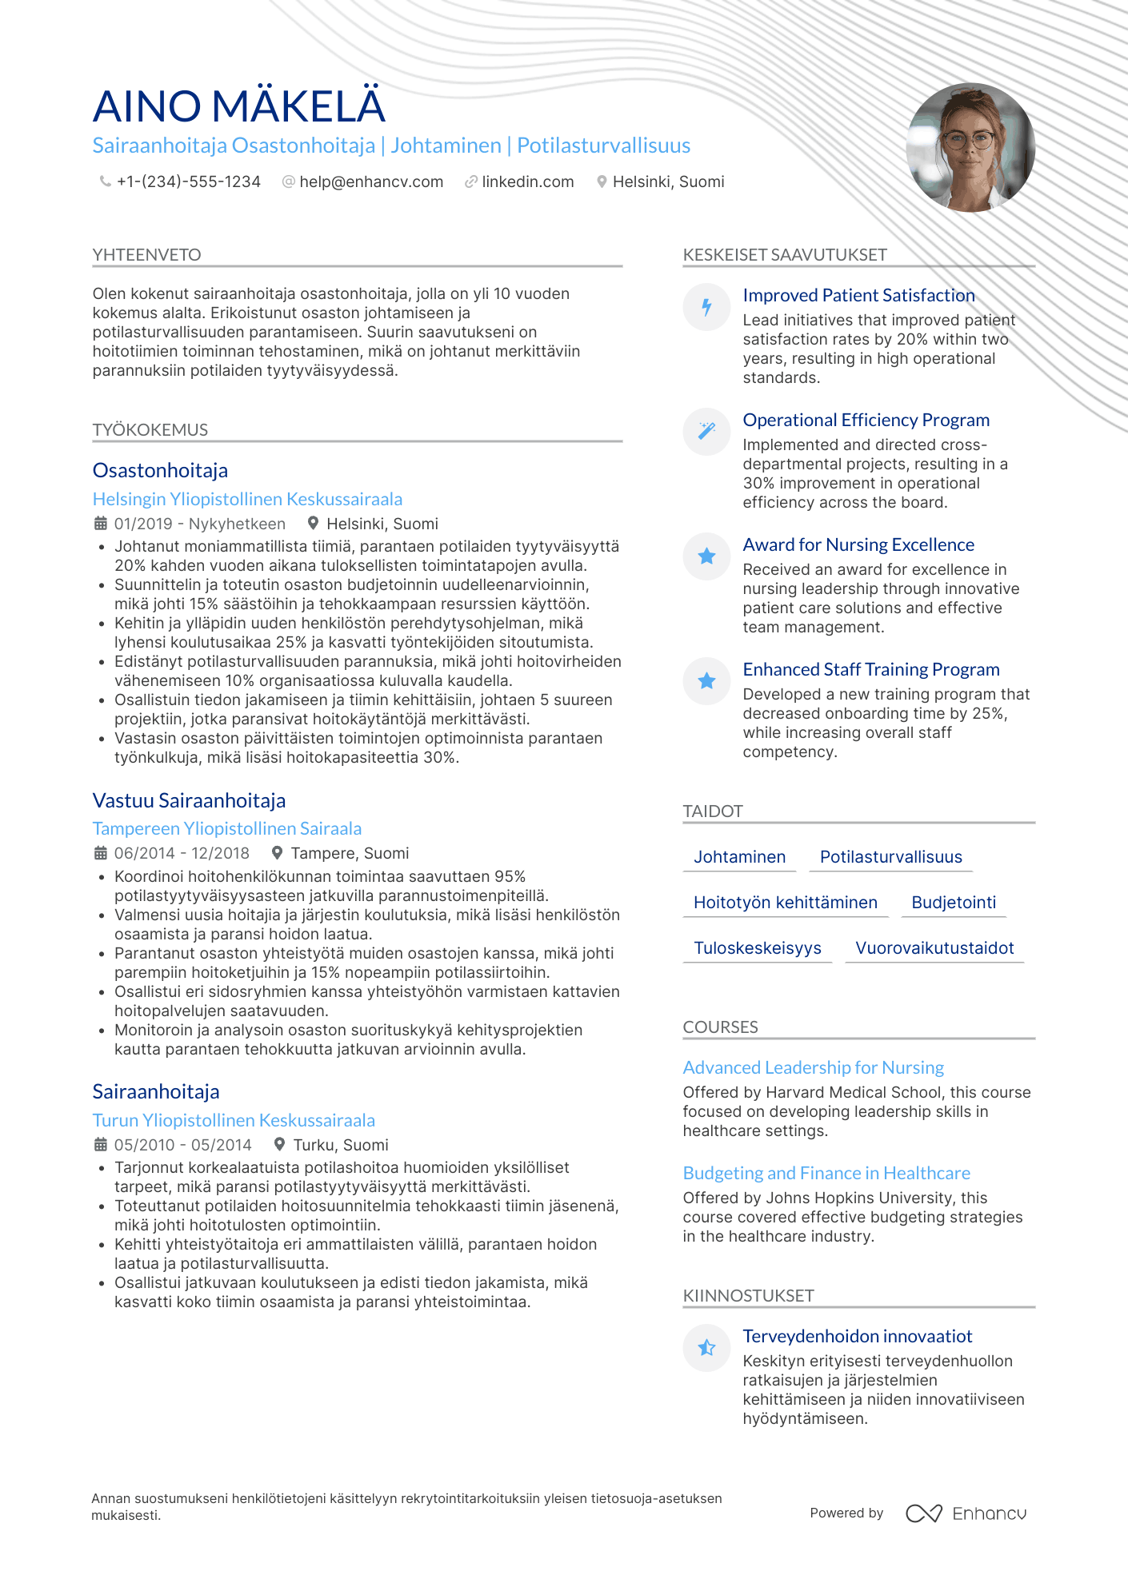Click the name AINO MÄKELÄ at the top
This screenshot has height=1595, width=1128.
(238, 106)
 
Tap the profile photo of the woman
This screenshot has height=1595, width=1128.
(970, 148)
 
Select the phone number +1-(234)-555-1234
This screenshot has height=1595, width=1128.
(189, 182)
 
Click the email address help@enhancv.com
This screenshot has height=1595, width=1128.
(371, 182)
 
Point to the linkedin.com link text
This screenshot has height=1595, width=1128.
(528, 182)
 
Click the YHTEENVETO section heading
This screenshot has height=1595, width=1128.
(147, 255)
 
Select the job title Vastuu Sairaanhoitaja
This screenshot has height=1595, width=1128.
(189, 800)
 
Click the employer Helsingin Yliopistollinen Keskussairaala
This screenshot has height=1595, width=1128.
(247, 499)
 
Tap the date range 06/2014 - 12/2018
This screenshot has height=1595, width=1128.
(182, 853)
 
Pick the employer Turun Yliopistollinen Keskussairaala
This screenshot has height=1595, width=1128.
(234, 1120)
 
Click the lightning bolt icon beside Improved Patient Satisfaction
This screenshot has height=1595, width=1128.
(706, 306)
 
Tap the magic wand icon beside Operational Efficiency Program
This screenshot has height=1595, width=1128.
(706, 431)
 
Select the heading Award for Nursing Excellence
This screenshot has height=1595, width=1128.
(858, 544)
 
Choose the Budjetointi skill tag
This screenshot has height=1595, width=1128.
(954, 903)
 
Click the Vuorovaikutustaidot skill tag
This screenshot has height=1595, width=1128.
(934, 948)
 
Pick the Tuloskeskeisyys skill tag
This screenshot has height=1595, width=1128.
(757, 948)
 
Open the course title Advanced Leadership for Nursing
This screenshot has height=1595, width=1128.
(813, 1067)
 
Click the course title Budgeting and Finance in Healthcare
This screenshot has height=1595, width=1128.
(826, 1173)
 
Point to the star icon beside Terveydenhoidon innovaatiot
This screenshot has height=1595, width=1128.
(706, 1348)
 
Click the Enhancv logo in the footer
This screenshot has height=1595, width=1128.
(966, 1513)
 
